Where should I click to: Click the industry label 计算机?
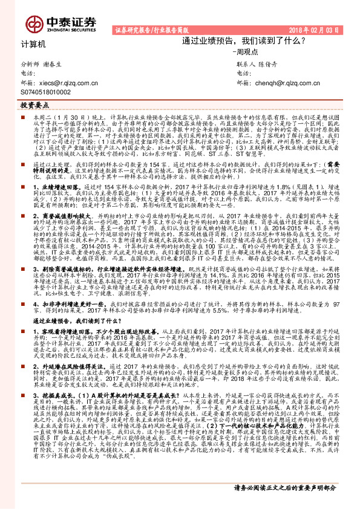33,44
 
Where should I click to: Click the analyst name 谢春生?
59,63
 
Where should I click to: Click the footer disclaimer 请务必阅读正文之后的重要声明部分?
285,487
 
